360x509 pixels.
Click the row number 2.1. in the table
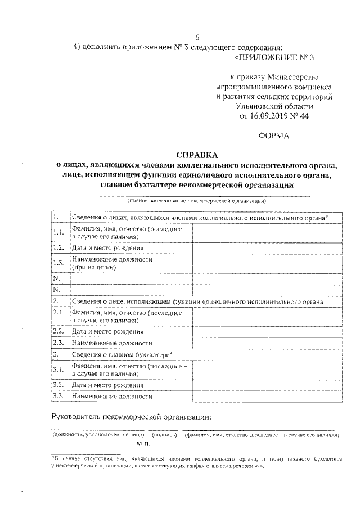(58, 313)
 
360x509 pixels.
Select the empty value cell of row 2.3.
(265, 343)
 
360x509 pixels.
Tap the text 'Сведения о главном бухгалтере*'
(123, 354)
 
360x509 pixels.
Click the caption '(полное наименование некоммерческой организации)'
(196, 200)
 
